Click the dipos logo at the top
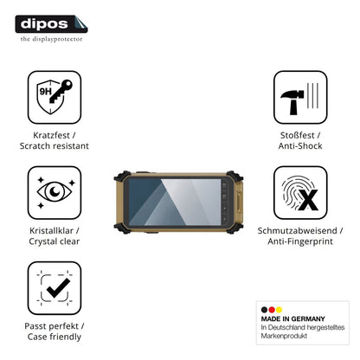pos(51,24)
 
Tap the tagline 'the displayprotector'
pos(51,39)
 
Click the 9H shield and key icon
pos(55,97)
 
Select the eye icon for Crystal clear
pos(55,192)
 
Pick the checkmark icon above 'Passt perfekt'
pos(55,288)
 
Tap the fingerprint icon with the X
pos(300,192)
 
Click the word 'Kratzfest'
pos(51,135)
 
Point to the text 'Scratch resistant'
pos(55,145)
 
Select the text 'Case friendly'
pos(55,337)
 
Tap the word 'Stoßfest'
pos(298,135)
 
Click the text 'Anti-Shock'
pos(300,145)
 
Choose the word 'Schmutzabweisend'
pos(297,230)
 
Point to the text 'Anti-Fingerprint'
pos(300,241)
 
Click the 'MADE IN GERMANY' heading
pos(293,318)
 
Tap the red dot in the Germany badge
pos(272,310)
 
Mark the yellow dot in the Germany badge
pos(279,310)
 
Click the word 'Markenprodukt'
pos(284,336)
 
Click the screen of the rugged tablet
pos(175,202)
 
